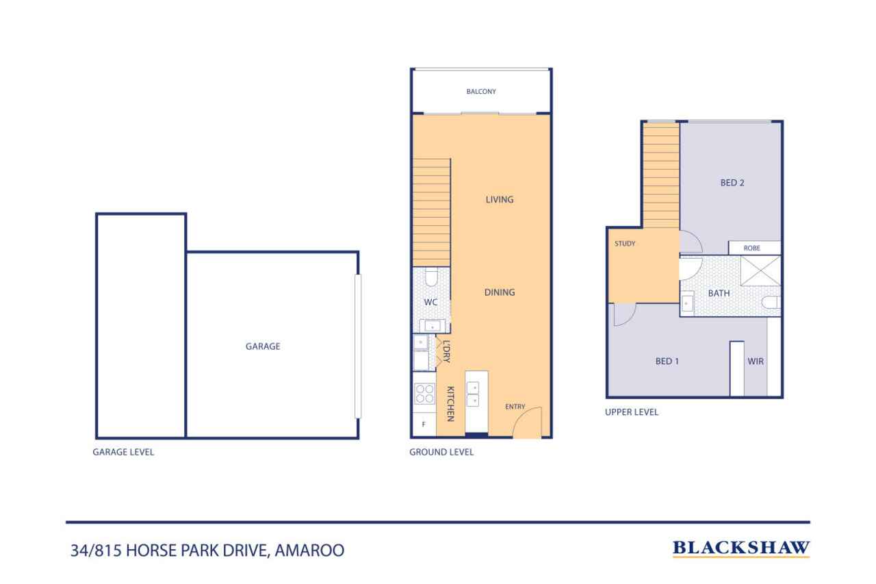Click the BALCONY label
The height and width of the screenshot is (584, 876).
coord(480,92)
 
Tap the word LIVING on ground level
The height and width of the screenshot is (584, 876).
coord(499,200)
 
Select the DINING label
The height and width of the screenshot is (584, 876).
coord(499,292)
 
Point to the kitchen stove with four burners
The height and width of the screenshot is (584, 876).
coord(424,393)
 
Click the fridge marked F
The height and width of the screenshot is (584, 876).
coord(424,424)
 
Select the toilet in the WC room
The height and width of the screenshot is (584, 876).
coord(432,277)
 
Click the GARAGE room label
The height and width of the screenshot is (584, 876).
coord(263,346)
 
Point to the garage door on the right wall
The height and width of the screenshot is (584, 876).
coord(357,346)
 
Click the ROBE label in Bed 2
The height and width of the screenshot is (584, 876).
coord(754,249)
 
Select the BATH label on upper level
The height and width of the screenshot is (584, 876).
coord(719,293)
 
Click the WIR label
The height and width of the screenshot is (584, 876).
coord(756,361)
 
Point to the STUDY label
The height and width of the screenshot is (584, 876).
coord(626,244)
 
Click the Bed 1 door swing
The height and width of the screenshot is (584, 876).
coord(623,314)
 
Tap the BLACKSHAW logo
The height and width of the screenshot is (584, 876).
coord(741,548)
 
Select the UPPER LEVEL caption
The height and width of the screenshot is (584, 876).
coord(631,412)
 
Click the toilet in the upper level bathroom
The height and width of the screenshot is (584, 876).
coord(771,303)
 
